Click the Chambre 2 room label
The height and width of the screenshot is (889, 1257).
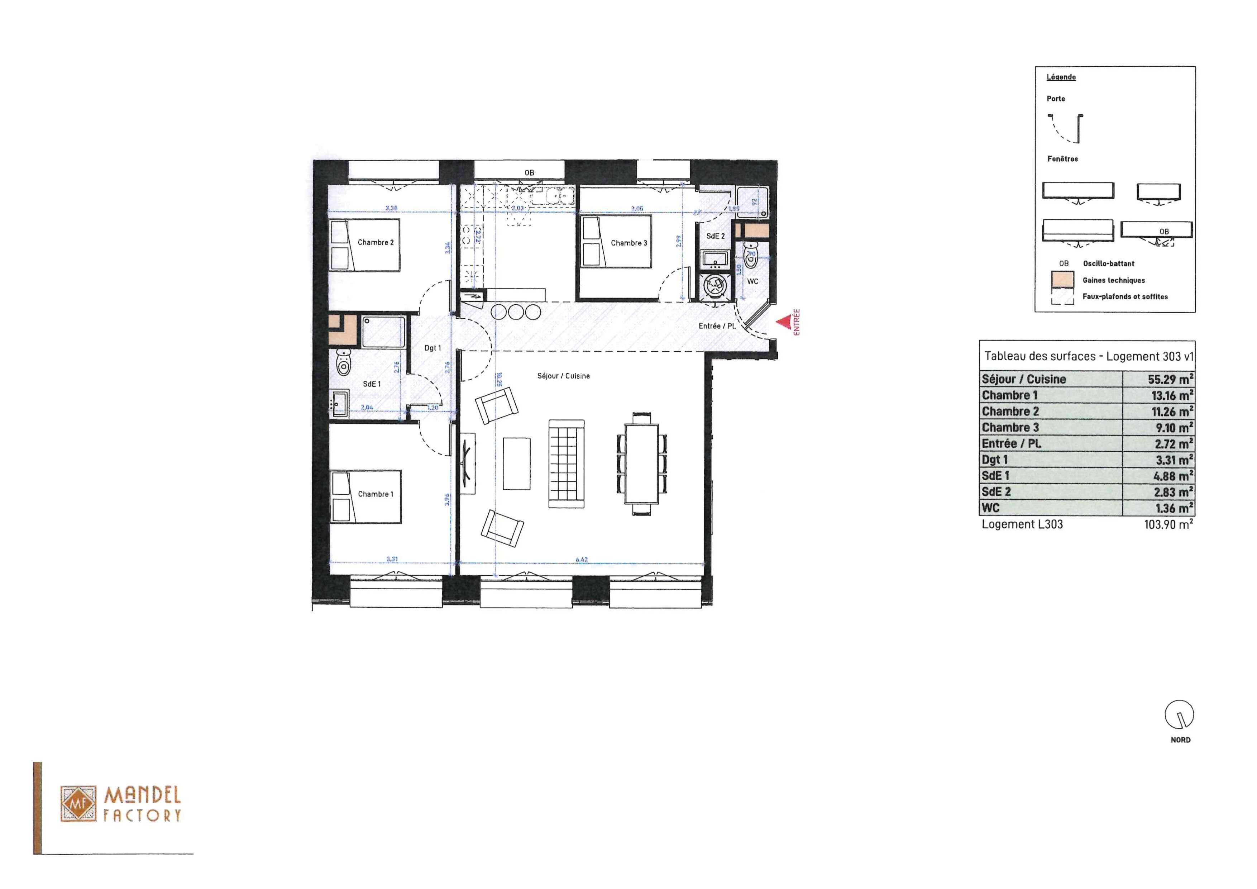(x=376, y=242)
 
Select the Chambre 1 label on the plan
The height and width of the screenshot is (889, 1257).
(x=375, y=494)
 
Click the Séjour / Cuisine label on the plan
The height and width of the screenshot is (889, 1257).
(x=563, y=376)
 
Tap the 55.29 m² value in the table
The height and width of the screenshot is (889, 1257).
(x=1170, y=379)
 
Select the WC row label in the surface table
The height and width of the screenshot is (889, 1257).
(x=990, y=508)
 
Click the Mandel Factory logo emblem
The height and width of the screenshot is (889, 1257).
(x=77, y=804)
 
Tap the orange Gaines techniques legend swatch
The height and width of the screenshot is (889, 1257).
(x=1063, y=279)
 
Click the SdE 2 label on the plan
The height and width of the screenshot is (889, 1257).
(x=715, y=236)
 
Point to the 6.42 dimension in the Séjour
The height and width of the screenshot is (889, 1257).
(x=582, y=559)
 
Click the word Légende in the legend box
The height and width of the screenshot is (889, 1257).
(x=1061, y=77)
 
